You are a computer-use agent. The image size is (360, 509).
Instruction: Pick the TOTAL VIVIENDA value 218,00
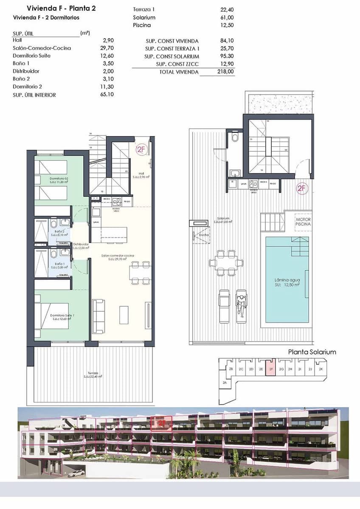(x=226, y=72)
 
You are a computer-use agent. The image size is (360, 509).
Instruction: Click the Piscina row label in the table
(x=141, y=25)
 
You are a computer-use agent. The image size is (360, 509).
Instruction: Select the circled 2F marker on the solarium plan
(x=301, y=189)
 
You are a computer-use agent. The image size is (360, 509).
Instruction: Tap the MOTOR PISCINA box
(x=303, y=221)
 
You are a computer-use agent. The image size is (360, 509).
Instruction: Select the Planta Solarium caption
(x=312, y=352)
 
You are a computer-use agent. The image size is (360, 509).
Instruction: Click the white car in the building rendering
(x=76, y=473)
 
